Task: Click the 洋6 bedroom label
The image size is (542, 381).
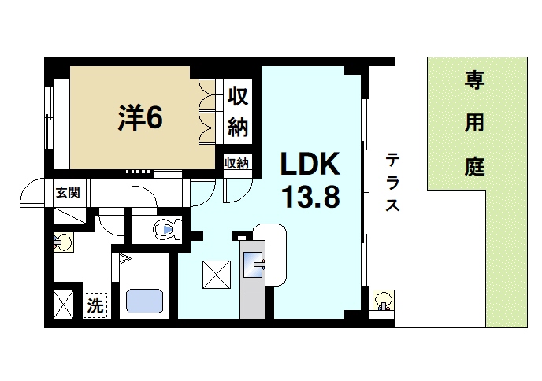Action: tap(141, 118)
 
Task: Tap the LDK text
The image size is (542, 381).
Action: tap(310, 165)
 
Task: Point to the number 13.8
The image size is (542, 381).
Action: tap(310, 197)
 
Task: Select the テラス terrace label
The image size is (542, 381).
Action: tap(392, 183)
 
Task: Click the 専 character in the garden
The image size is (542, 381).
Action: tap(473, 80)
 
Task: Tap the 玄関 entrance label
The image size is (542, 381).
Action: tap(66, 191)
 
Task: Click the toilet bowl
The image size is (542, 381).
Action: tap(164, 230)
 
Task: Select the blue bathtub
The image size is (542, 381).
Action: tap(144, 301)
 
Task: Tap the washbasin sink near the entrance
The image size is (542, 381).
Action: tap(65, 241)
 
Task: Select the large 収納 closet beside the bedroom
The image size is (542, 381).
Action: tap(237, 110)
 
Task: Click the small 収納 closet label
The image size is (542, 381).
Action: tap(236, 163)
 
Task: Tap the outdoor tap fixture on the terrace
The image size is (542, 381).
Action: tap(383, 301)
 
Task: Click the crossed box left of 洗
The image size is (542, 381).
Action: tap(63, 303)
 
